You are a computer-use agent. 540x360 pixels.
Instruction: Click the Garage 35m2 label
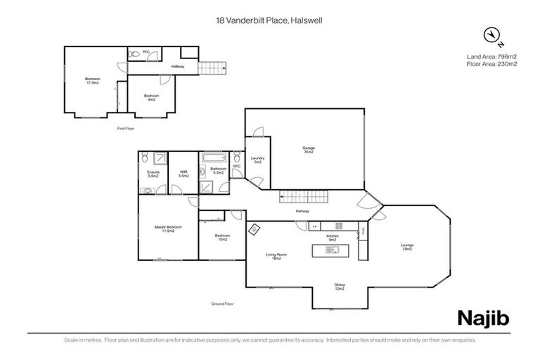tap(308, 150)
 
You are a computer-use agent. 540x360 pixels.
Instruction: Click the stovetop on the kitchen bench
tap(338, 226)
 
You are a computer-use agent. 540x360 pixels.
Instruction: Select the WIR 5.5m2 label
tap(184, 173)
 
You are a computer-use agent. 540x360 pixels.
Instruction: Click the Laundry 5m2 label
tap(257, 160)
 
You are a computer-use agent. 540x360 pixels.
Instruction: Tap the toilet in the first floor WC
tap(134, 52)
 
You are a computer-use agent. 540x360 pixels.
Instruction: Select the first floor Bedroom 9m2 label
tap(151, 98)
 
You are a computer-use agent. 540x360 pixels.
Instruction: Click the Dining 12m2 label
tap(340, 287)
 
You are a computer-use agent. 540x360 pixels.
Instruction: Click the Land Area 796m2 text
tap(491, 56)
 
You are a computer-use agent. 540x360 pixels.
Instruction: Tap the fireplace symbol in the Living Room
tap(253, 228)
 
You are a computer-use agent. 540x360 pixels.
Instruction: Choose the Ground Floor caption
tap(222, 304)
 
